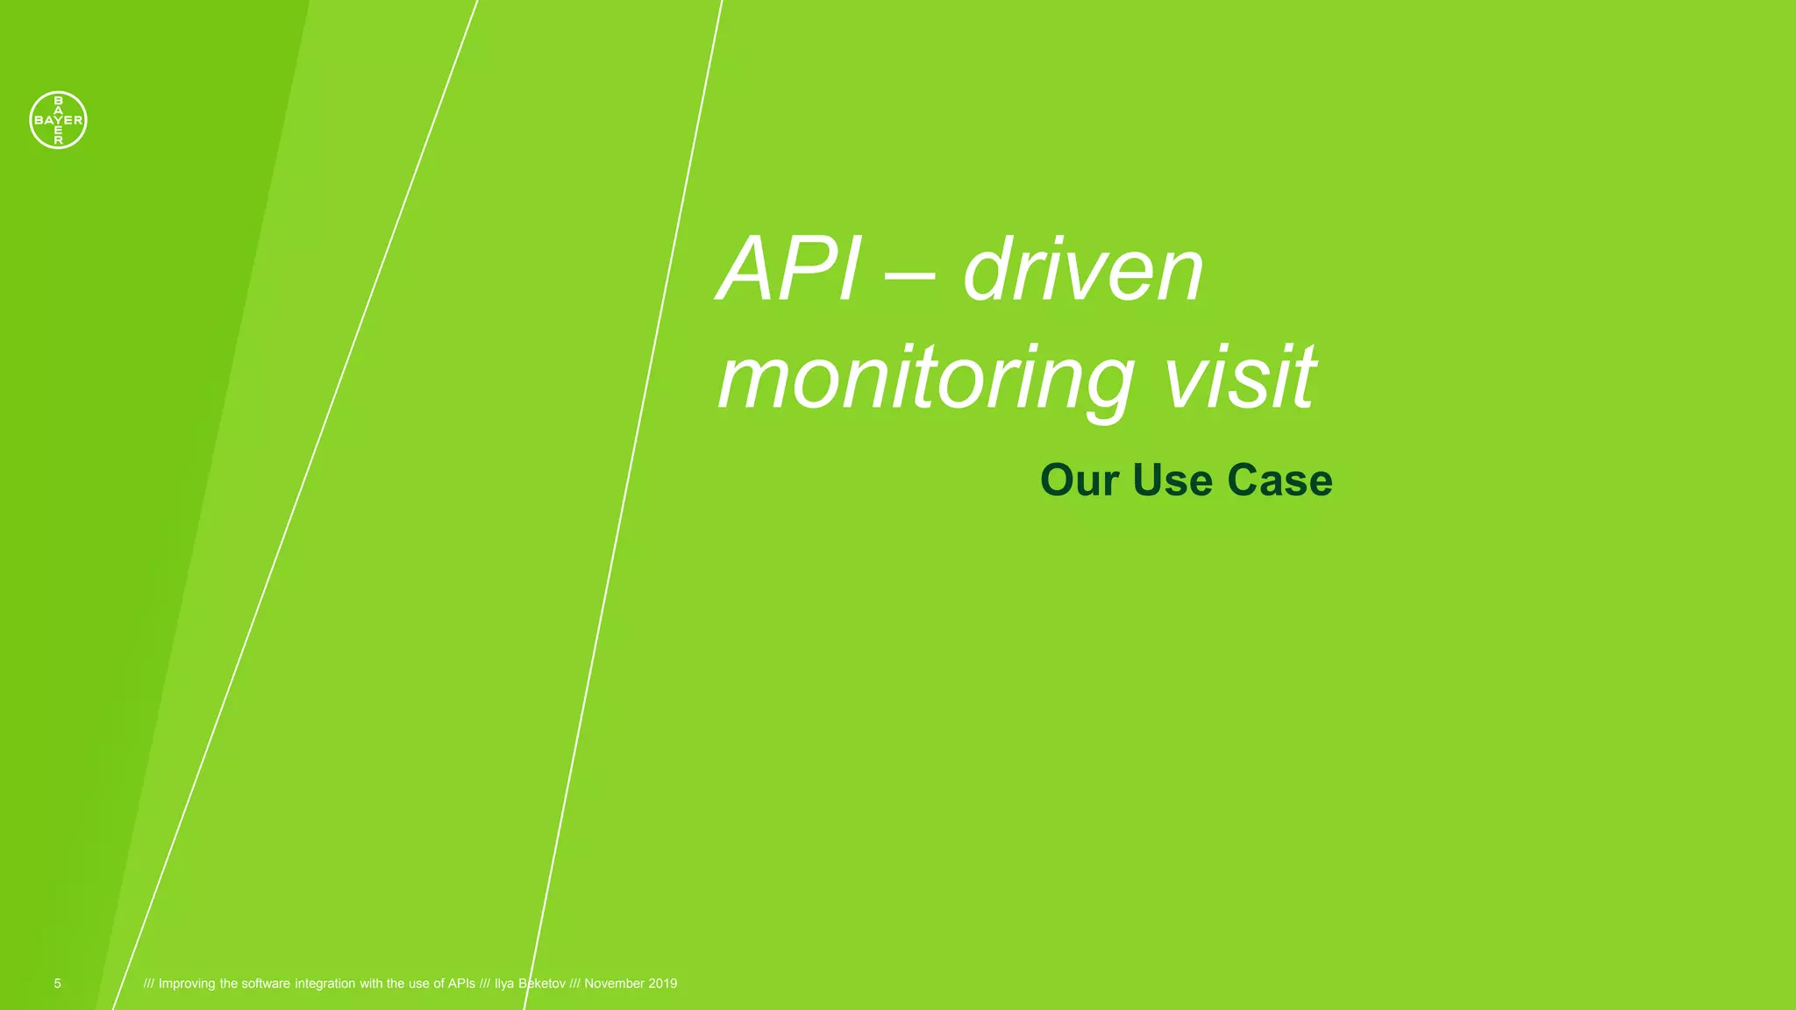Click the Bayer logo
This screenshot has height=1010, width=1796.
click(x=58, y=120)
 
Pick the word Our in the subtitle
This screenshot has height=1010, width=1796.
click(x=1080, y=480)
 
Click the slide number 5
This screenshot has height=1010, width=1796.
click(x=58, y=984)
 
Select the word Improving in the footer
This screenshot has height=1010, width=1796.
click(x=187, y=984)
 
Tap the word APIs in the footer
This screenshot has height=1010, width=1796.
click(x=461, y=984)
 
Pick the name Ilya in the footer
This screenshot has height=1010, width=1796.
click(x=504, y=984)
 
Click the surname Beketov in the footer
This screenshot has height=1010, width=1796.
click(x=542, y=984)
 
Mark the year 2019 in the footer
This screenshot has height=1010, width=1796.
click(x=663, y=984)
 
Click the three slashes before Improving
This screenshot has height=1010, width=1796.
click(x=149, y=984)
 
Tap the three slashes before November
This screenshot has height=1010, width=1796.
click(x=575, y=984)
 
